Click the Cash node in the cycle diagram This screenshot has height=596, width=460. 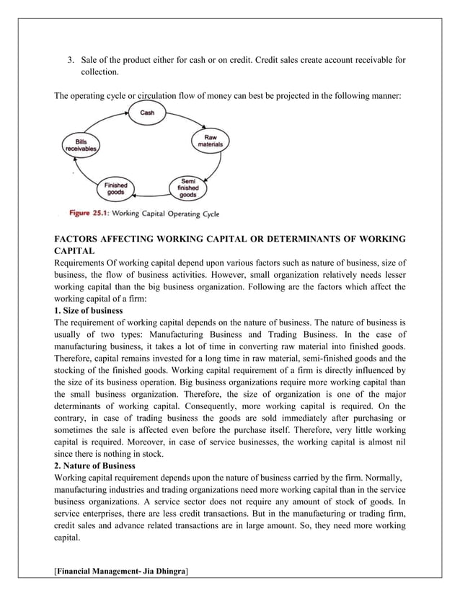pyautogui.click(x=146, y=112)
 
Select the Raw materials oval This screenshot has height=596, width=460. pyautogui.click(x=211, y=141)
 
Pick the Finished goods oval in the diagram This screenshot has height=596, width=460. pyautogui.click(x=115, y=189)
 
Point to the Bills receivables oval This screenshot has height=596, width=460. pyautogui.click(x=81, y=145)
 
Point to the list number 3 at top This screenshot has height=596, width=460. pyautogui.click(x=71, y=58)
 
